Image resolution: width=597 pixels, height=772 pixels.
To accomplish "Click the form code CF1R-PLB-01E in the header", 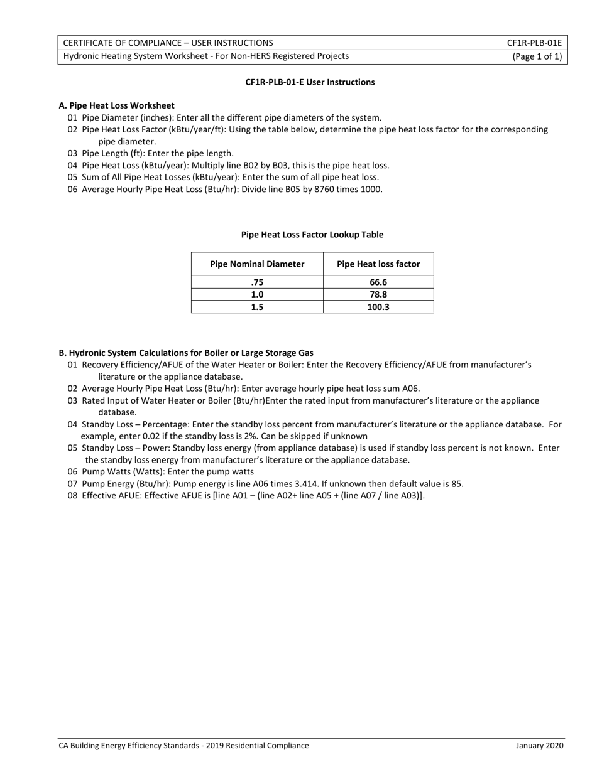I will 534,43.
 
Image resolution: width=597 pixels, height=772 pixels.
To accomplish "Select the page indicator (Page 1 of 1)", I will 537,56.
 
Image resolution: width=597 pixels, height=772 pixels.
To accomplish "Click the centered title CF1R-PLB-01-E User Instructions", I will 310,82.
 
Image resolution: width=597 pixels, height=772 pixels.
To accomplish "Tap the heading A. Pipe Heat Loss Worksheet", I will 117,105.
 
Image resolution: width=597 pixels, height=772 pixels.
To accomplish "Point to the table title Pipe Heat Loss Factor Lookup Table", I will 312,235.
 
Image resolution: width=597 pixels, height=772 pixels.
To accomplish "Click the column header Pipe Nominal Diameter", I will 257,264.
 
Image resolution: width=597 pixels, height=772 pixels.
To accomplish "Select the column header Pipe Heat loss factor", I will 378,264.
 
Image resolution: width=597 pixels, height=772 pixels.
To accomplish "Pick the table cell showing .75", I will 257,282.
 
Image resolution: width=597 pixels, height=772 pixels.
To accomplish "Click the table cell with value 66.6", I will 378,282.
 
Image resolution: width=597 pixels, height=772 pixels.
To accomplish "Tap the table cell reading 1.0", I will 257,294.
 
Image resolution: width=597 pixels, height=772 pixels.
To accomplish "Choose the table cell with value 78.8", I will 378,294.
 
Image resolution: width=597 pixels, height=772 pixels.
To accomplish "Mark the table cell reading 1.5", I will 257,307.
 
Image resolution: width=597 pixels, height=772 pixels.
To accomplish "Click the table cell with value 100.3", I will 378,307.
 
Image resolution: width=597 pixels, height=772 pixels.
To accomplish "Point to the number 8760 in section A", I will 321,190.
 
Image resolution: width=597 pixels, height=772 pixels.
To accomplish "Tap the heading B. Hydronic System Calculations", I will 186,353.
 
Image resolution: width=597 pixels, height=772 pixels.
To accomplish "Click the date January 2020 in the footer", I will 540,746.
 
